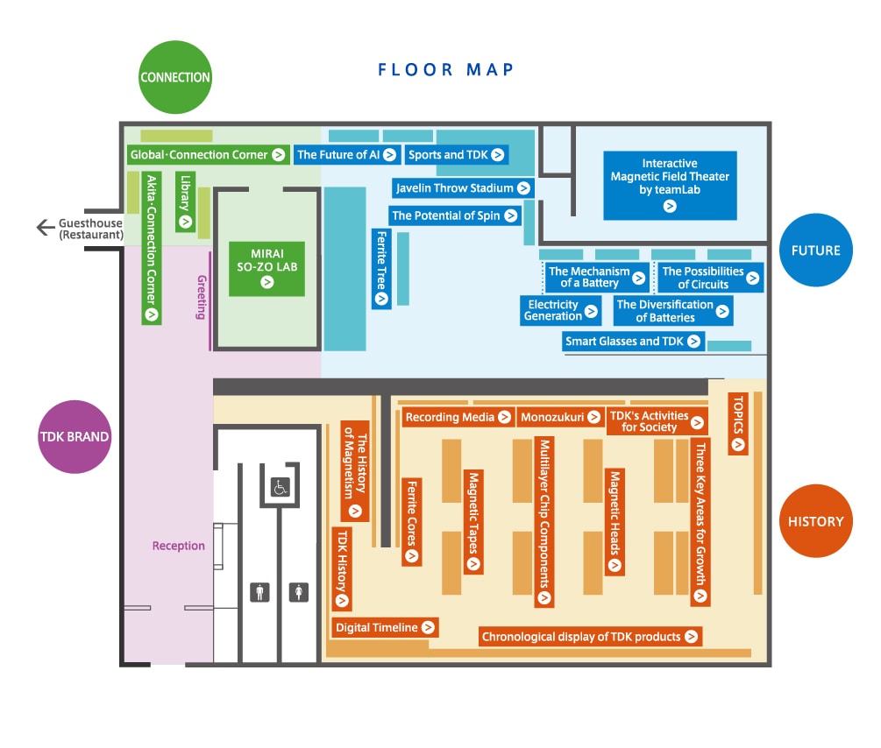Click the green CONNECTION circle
click(x=175, y=77)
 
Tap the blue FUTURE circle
click(x=816, y=250)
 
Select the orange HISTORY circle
click(x=816, y=521)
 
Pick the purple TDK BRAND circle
click(x=75, y=437)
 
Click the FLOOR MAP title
click(x=445, y=70)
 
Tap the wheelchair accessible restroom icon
click(x=281, y=487)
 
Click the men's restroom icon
click(x=259, y=592)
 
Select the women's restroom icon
click(x=298, y=592)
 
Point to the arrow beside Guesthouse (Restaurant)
click(x=46, y=228)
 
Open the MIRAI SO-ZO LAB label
click(x=266, y=268)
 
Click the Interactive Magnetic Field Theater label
click(x=670, y=186)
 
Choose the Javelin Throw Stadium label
click(x=462, y=188)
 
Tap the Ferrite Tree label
click(x=381, y=268)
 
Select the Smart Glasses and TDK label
click(x=633, y=341)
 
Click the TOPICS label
click(x=738, y=424)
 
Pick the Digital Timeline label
click(x=385, y=627)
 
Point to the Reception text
click(x=179, y=546)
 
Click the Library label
click(x=186, y=201)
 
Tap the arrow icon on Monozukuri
click(x=593, y=417)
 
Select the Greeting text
click(x=202, y=297)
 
